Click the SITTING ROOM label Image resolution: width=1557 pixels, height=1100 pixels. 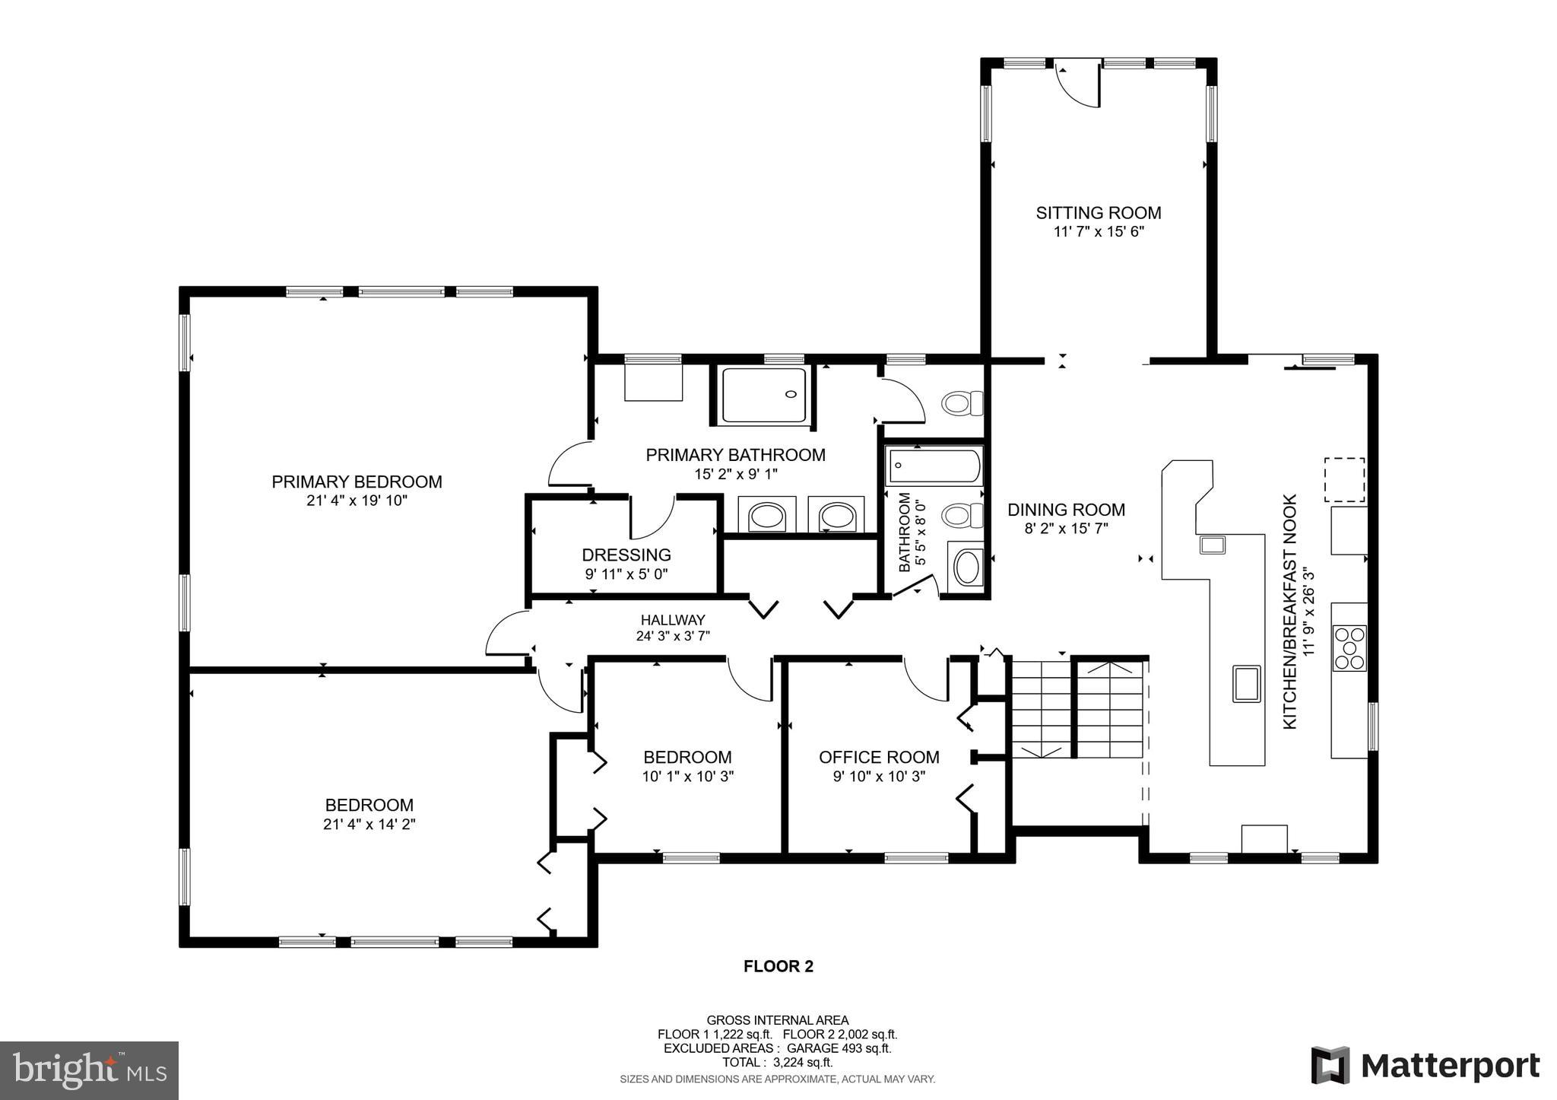coord(1098,212)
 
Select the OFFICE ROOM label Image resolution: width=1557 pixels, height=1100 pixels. coord(879,757)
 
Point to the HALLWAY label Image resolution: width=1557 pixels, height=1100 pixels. coord(672,620)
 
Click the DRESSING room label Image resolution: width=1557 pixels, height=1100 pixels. coord(626,555)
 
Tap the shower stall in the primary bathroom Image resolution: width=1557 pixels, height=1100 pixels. coord(763,395)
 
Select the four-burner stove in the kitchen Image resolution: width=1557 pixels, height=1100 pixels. coord(1349,647)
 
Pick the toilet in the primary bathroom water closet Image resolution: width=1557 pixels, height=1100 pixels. coord(961,402)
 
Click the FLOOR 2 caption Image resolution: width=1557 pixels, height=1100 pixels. coord(778,966)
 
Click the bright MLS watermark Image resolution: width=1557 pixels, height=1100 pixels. coord(89,1070)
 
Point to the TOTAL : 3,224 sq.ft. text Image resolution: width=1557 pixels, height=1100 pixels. coord(777,1062)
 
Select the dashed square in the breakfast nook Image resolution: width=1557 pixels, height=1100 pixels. coord(1344,479)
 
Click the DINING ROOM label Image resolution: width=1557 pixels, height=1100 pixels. coord(1066,510)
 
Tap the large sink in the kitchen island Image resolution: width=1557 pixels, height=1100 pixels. coord(1246,682)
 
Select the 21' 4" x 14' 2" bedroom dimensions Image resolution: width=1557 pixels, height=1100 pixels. coord(369,824)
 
